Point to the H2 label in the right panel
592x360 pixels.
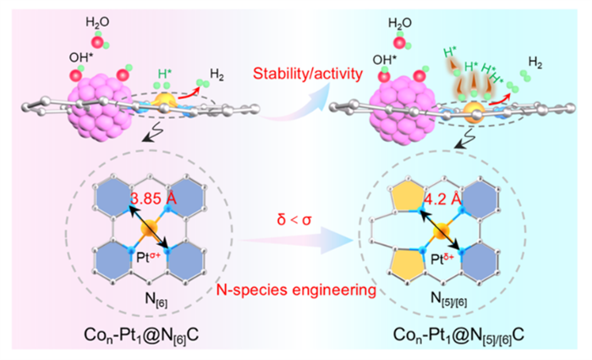(x=535, y=61)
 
